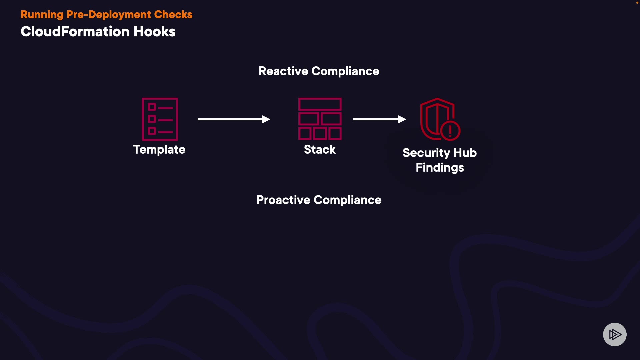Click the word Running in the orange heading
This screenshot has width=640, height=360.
(x=42, y=15)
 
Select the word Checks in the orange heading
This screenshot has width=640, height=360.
(x=173, y=15)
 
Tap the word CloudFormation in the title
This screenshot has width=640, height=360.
(x=75, y=32)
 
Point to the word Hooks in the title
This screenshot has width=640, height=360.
(x=154, y=32)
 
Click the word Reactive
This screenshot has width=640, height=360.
(x=283, y=71)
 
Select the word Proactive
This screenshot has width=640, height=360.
(x=283, y=200)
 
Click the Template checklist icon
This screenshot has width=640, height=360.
(x=160, y=119)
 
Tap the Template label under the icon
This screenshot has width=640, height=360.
(x=159, y=150)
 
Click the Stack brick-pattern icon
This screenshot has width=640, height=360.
(x=320, y=119)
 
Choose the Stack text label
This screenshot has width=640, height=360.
(x=320, y=150)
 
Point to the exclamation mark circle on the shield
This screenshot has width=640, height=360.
(x=450, y=130)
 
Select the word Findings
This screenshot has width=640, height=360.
(x=440, y=168)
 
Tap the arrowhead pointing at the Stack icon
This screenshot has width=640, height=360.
(x=266, y=119)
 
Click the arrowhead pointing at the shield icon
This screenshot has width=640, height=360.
(x=402, y=119)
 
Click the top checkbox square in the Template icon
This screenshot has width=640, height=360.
(x=152, y=107)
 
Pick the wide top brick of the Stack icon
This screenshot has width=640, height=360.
(x=320, y=105)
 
